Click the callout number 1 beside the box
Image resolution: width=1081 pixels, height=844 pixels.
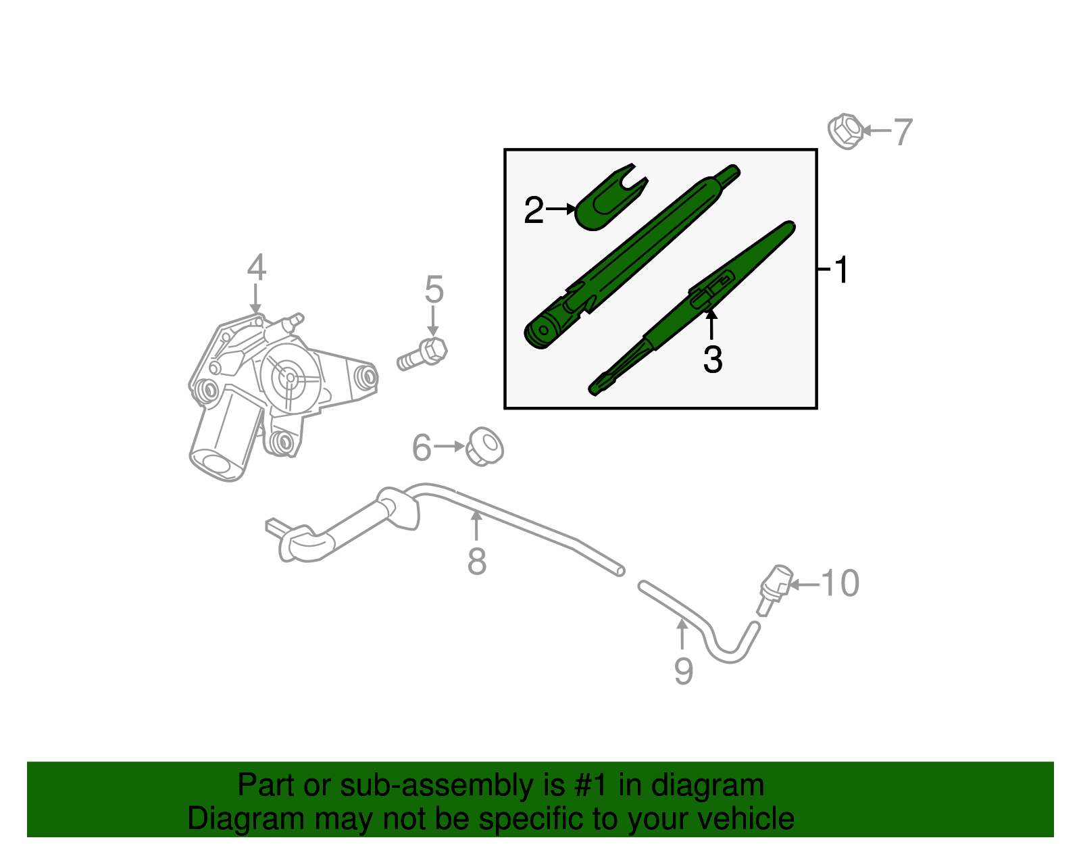tap(840, 270)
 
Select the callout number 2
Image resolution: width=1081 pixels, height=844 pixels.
tap(534, 211)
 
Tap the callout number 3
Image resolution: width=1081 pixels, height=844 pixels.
tap(712, 359)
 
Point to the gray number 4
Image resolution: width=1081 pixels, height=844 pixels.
tap(256, 268)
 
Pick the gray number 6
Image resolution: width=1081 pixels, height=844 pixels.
tap(422, 448)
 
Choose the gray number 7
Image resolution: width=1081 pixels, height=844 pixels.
tap(903, 132)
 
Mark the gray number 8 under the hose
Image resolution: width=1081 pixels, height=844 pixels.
tap(477, 562)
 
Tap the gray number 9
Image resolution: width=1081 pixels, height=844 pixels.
tap(683, 671)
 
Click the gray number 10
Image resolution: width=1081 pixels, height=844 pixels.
tap(840, 583)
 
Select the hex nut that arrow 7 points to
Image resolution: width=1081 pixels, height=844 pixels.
tap(845, 131)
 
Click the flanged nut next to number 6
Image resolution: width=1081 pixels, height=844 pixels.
tap(485, 446)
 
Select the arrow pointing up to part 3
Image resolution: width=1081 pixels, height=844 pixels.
tap(711, 324)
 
